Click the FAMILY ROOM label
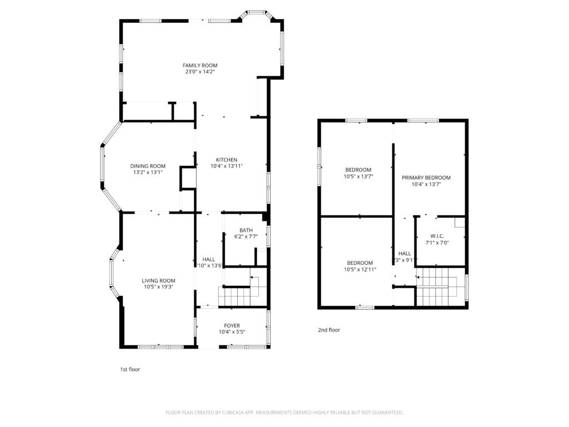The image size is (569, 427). [200, 65]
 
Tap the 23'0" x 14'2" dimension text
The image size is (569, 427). [200, 72]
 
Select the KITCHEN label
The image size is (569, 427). [227, 160]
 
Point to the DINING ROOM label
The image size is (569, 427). [148, 166]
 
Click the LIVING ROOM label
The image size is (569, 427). [158, 281]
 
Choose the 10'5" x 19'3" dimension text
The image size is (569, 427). [158, 287]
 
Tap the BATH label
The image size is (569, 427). [246, 230]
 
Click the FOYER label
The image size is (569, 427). [232, 326]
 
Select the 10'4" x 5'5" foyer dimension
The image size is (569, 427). [232, 332]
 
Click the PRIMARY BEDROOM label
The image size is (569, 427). [426, 178]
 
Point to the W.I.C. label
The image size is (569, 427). [437, 236]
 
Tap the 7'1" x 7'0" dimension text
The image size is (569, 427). [437, 242]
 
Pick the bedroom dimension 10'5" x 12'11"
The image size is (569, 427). [360, 270]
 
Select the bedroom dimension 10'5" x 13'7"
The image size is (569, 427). [358, 177]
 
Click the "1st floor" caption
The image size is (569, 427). [130, 369]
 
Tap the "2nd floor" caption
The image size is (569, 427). [329, 330]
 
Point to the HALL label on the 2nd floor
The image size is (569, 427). [405, 254]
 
